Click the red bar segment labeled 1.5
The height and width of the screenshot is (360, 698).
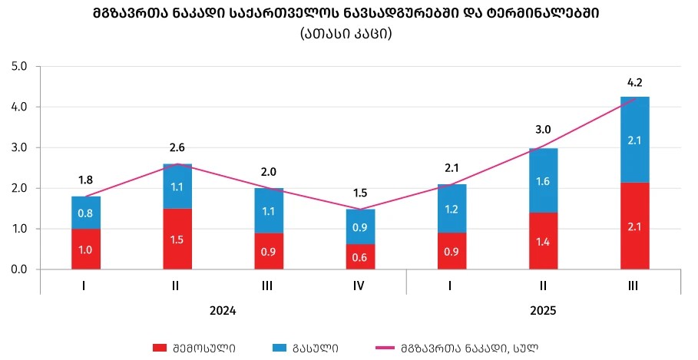tap(177, 239)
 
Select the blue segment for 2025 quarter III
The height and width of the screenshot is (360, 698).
tap(634, 140)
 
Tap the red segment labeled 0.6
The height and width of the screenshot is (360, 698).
tap(360, 257)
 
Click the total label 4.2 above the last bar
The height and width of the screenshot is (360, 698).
tap(634, 83)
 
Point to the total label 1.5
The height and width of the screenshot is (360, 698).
tap(360, 193)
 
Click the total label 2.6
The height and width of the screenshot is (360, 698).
tap(177, 149)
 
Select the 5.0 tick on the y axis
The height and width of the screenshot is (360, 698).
tap(19, 67)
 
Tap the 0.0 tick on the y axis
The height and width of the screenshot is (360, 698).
tap(19, 269)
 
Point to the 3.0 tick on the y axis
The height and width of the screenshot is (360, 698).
tap(19, 147)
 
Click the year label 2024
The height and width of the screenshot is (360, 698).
tap(223, 312)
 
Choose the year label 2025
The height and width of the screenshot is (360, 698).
tap(542, 312)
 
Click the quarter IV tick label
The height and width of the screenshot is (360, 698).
tap(360, 286)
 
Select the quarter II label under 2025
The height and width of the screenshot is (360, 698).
tap(543, 286)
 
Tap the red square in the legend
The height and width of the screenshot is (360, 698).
tap(159, 348)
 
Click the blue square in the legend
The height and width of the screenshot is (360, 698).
tap(279, 348)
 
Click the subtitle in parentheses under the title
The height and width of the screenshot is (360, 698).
tap(348, 35)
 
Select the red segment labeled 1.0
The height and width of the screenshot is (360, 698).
tap(86, 249)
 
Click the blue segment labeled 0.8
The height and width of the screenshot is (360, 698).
tap(86, 213)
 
